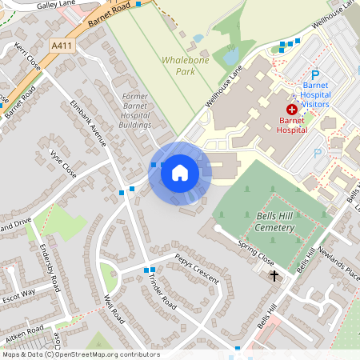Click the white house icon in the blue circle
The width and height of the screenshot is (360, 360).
[180, 173]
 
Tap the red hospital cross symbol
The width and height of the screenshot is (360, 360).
[292, 108]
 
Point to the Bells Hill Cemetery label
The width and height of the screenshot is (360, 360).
[274, 222]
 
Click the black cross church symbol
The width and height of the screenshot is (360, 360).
[274, 276]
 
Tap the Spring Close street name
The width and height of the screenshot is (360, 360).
[255, 255]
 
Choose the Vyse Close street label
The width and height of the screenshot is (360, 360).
[63, 162]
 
